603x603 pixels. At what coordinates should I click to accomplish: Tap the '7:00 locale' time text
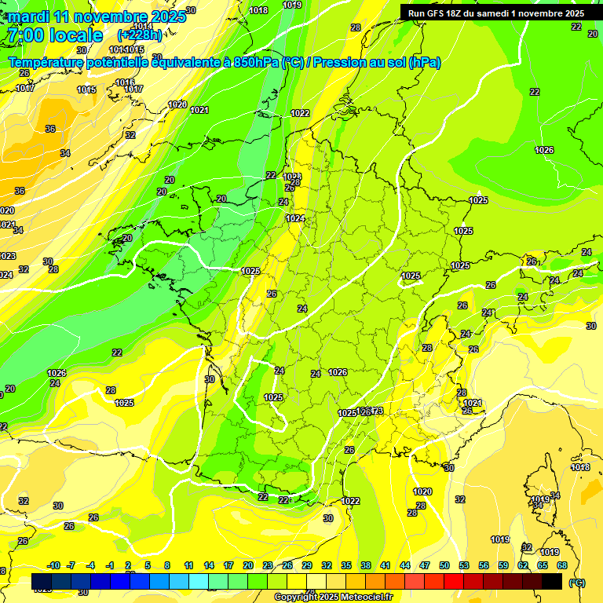pos(54,35)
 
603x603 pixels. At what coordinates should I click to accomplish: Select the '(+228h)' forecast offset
pos(140,35)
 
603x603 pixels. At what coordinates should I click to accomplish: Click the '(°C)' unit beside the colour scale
pos(576,583)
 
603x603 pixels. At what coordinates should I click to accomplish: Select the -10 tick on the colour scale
pos(53,565)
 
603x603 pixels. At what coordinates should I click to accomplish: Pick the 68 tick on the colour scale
pos(562,565)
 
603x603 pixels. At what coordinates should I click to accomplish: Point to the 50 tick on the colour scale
pos(444,565)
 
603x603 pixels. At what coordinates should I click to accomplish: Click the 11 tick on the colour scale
pos(188,565)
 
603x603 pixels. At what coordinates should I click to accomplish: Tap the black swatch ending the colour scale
pos(552,582)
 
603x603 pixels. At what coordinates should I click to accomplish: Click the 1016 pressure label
pos(125,82)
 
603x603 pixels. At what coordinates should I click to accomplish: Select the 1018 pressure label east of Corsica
pos(580,468)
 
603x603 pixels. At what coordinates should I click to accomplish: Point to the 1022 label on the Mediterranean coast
pos(350,501)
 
